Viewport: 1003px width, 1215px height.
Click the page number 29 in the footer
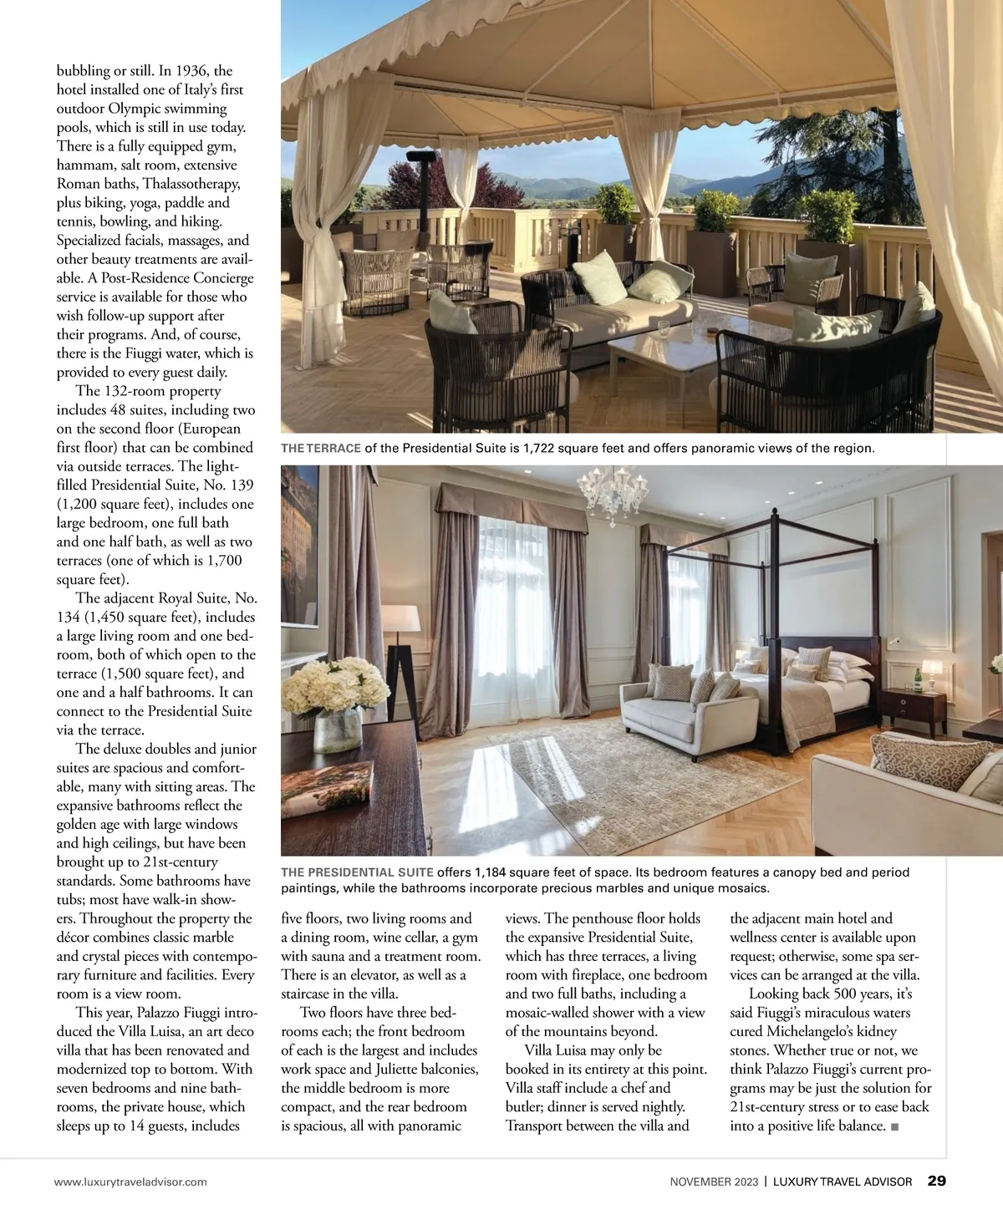936,1182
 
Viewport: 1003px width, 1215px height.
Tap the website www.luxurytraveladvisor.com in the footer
130,1182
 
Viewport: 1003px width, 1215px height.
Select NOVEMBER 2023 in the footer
714,1182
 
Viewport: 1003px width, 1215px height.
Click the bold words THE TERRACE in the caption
321,449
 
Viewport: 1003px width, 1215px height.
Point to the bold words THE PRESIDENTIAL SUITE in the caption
357,872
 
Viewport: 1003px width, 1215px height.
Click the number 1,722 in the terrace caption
538,449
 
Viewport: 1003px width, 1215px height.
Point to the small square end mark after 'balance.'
895,1126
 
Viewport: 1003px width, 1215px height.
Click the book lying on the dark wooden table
327,785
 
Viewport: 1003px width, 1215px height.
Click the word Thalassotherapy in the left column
191,184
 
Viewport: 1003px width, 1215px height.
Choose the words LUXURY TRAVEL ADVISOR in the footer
842,1182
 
